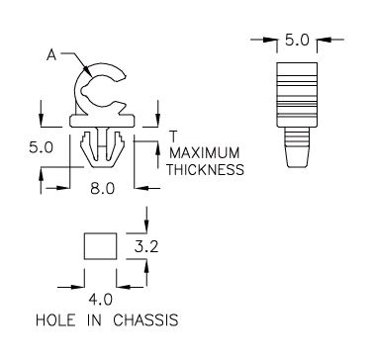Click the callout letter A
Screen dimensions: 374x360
(x=51, y=55)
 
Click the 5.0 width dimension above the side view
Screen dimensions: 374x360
(x=297, y=41)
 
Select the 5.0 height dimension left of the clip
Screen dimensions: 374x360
(x=41, y=147)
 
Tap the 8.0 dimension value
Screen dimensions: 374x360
(x=102, y=189)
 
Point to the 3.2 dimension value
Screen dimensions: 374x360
(x=146, y=246)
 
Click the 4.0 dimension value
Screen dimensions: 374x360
(x=100, y=300)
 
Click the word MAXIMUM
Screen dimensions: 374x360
(x=205, y=153)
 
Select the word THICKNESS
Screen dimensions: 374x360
(x=205, y=169)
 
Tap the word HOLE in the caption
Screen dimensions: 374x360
(x=55, y=320)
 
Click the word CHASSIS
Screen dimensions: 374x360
(x=145, y=320)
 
